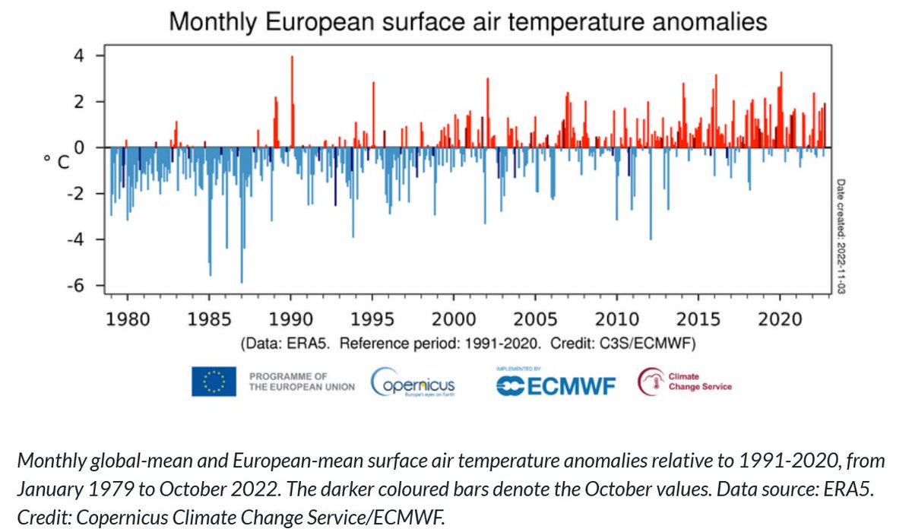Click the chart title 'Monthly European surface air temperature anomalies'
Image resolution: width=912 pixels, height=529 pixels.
tap(467, 22)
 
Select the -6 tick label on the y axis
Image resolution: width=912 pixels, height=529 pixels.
tap(75, 286)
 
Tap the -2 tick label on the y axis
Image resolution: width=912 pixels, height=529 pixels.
tap(75, 194)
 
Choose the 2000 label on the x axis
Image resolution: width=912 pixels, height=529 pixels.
tap(454, 318)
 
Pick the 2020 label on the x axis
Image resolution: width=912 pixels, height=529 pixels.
tap(780, 318)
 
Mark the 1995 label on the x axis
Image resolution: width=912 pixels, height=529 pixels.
tap(372, 318)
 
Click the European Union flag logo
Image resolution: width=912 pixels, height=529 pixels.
tap(214, 381)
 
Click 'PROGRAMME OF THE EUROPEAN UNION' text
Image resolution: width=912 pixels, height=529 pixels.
tap(301, 382)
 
